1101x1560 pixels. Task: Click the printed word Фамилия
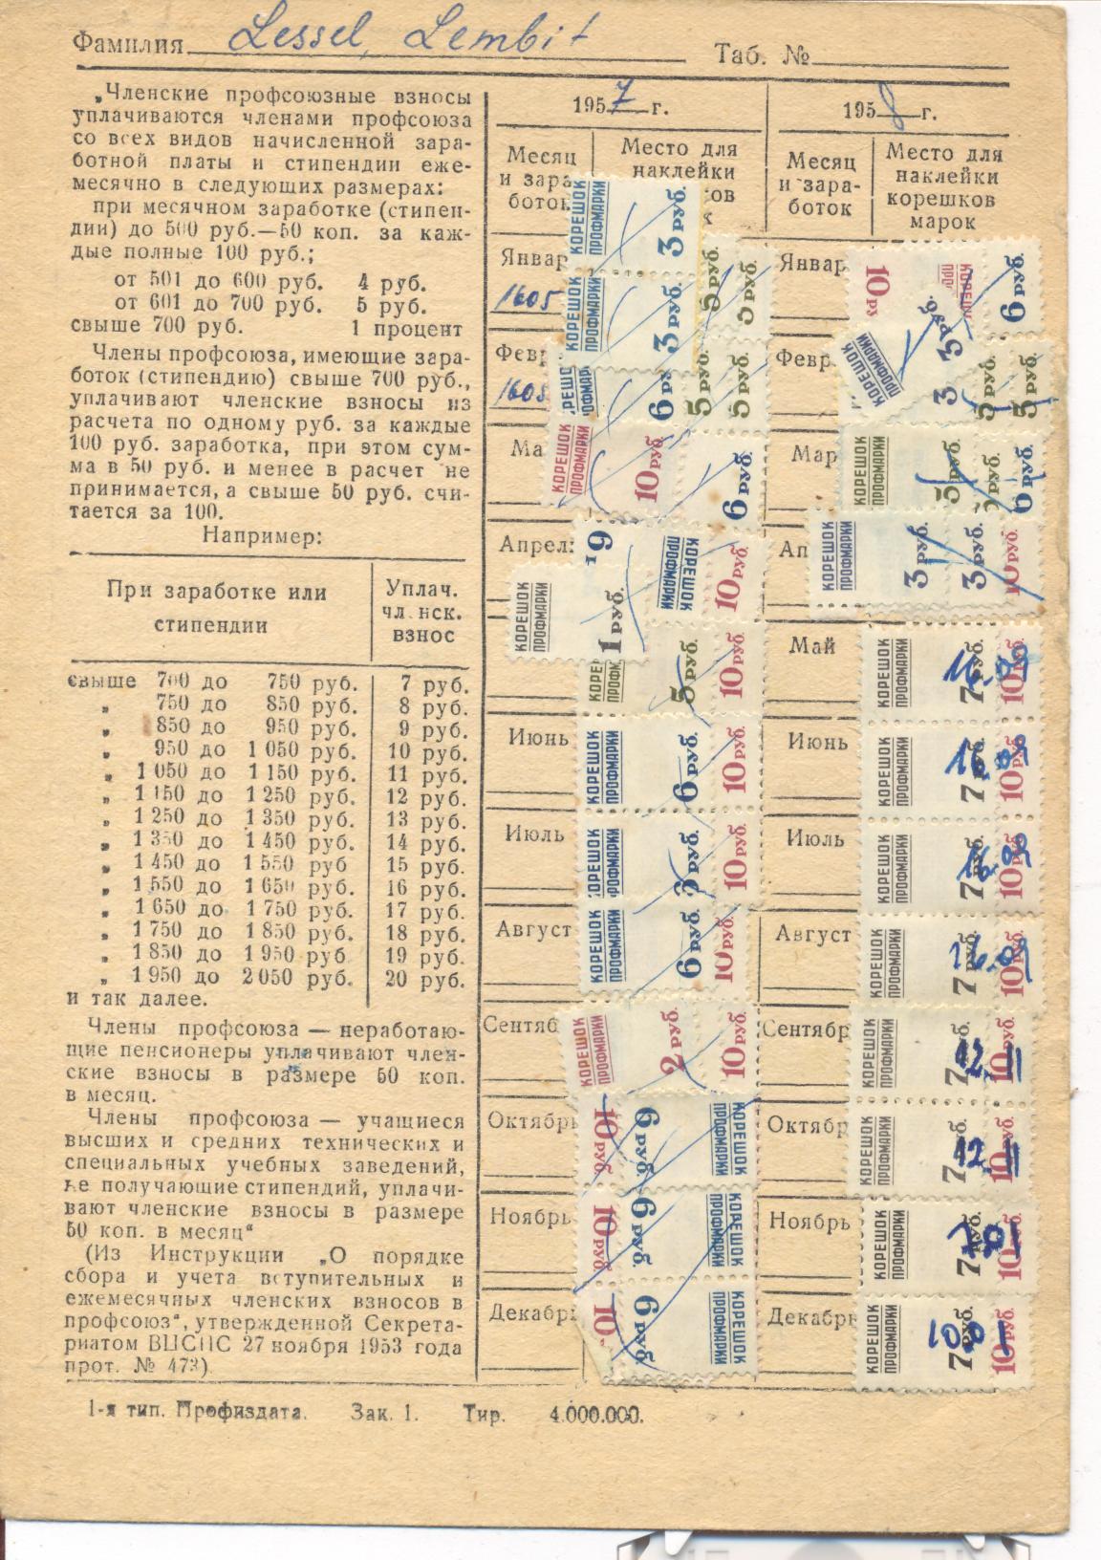point(129,44)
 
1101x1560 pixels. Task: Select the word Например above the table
point(263,535)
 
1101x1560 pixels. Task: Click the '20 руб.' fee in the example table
point(426,978)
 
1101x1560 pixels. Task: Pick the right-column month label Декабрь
point(807,1317)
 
